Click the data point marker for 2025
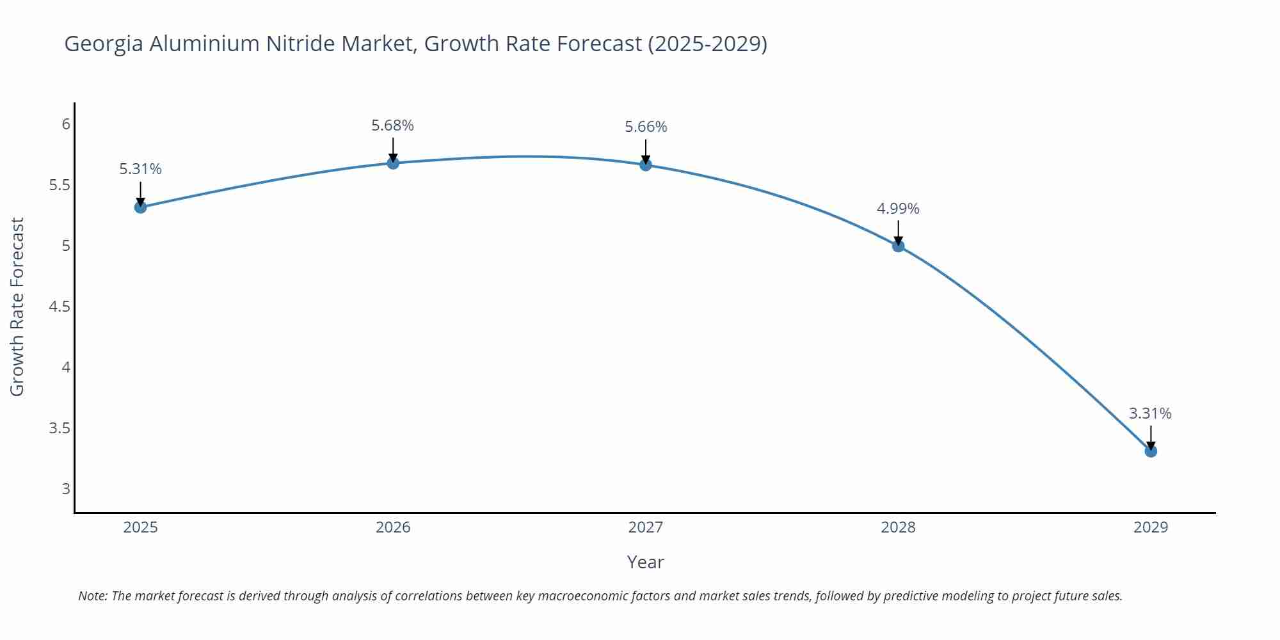[x=140, y=207]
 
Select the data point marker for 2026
[x=393, y=163]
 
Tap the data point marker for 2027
[x=646, y=165]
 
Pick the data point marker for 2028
[x=898, y=246]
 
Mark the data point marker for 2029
[x=1151, y=451]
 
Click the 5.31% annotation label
[x=140, y=169]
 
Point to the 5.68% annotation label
[x=393, y=125]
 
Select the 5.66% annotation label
[x=646, y=127]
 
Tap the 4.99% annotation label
[x=898, y=209]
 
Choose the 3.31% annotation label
[x=1150, y=413]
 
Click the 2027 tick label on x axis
[x=646, y=527]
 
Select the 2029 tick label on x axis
[x=1151, y=527]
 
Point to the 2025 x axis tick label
[x=140, y=527]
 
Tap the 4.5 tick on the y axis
[x=60, y=307]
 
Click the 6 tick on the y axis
[x=66, y=124]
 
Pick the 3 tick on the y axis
[x=66, y=489]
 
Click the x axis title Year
[x=645, y=562]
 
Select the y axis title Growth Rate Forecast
[x=17, y=307]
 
